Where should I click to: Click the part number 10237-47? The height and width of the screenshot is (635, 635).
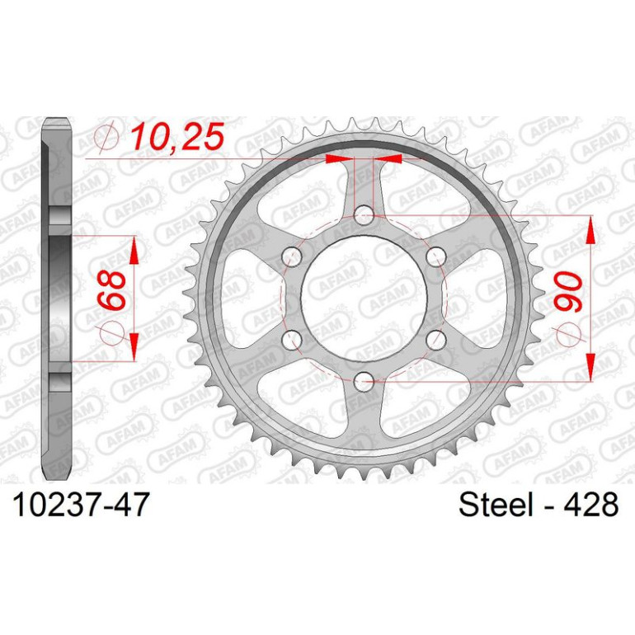(81, 505)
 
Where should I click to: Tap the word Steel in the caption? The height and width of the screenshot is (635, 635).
(496, 505)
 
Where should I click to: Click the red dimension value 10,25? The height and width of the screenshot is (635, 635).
(177, 136)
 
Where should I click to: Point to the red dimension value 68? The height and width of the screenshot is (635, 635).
(111, 290)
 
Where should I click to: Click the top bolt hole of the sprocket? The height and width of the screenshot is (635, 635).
(364, 215)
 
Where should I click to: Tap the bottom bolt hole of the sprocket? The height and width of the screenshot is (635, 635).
(364, 381)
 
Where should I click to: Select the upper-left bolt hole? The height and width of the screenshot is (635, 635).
(292, 256)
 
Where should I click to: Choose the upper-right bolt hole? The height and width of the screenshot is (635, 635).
(435, 256)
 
